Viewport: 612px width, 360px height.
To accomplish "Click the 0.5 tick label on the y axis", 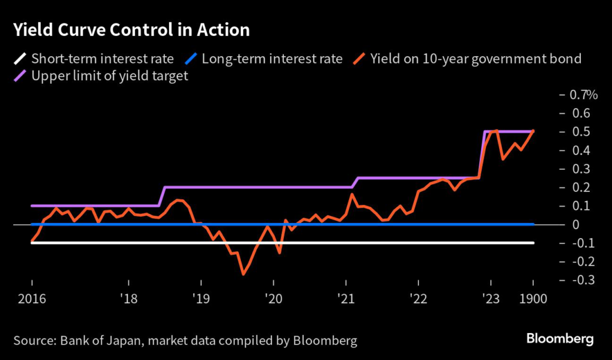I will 582,132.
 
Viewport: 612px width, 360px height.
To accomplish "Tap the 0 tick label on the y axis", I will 577,224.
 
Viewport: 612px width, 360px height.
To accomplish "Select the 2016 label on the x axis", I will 31,299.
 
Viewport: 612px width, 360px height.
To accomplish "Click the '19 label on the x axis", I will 201,299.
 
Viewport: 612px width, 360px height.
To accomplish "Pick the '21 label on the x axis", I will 346,299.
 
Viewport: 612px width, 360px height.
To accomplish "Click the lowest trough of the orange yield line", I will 243,274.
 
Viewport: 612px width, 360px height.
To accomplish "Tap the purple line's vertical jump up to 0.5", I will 482,154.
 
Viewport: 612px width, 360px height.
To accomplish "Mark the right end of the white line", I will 533,243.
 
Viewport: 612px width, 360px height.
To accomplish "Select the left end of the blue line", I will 31,224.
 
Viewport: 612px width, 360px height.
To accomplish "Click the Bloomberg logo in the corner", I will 560,339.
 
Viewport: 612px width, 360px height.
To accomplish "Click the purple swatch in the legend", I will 20,77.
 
